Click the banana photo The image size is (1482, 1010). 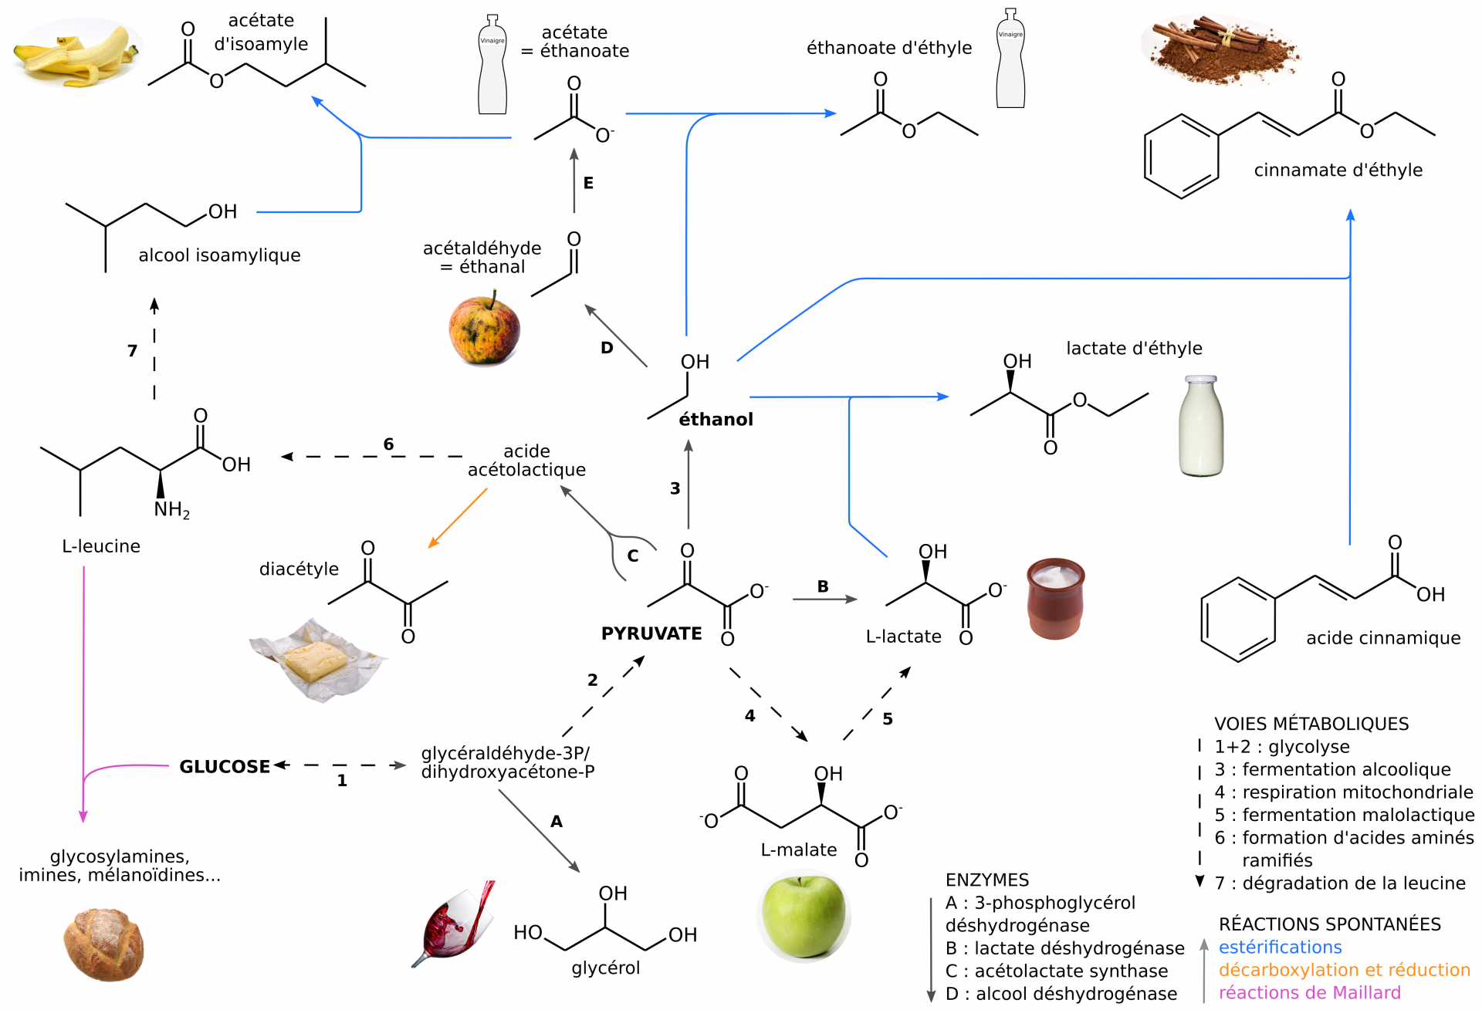(x=77, y=54)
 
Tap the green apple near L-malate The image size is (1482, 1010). (x=803, y=916)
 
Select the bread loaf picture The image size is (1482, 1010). (x=103, y=944)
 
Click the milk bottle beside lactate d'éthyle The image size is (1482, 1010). (x=1201, y=426)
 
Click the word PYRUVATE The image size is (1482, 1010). (x=651, y=633)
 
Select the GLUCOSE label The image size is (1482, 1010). (x=225, y=766)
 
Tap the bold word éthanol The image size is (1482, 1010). (x=716, y=419)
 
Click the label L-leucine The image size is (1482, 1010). (x=101, y=546)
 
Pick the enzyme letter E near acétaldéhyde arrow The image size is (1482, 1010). (x=588, y=183)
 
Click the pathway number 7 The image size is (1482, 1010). (x=132, y=351)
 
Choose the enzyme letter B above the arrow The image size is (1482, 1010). (x=823, y=586)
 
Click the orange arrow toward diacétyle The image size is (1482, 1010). (x=457, y=519)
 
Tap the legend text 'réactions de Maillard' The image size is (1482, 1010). (x=1309, y=992)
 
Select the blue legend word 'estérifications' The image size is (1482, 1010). (x=1280, y=947)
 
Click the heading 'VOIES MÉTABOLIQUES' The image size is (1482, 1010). (x=1311, y=724)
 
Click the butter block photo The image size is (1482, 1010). (x=316, y=660)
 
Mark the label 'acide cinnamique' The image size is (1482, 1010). (x=1383, y=638)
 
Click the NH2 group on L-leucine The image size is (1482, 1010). (x=171, y=510)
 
